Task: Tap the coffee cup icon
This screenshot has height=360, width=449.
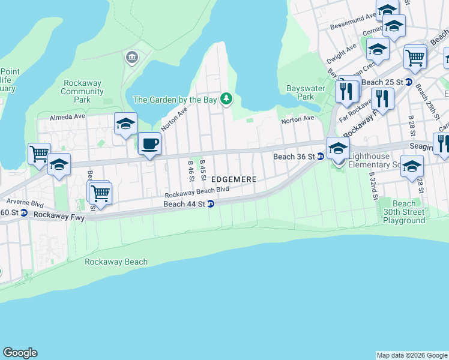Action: coord(149,144)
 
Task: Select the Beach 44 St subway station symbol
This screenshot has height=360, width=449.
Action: coord(211,204)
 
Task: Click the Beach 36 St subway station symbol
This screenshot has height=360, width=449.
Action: coord(320,157)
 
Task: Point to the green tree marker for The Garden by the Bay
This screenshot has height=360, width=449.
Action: coord(226,98)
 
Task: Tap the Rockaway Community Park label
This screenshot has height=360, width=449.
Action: coord(82,92)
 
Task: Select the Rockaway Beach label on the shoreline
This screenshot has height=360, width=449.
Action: coord(116,262)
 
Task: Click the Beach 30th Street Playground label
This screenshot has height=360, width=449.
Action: coord(404,212)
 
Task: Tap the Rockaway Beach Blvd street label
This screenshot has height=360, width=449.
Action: coord(197,191)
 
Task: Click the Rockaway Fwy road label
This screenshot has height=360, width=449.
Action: coord(59,215)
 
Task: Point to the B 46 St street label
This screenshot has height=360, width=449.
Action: coord(190,172)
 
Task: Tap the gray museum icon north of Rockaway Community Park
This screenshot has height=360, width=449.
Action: coord(131,58)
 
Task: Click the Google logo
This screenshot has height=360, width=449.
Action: coord(20,353)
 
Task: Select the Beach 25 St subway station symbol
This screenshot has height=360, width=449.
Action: coord(409,82)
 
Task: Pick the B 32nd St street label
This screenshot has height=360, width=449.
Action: coord(372,187)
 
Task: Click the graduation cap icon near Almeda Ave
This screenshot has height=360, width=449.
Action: coord(125,124)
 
